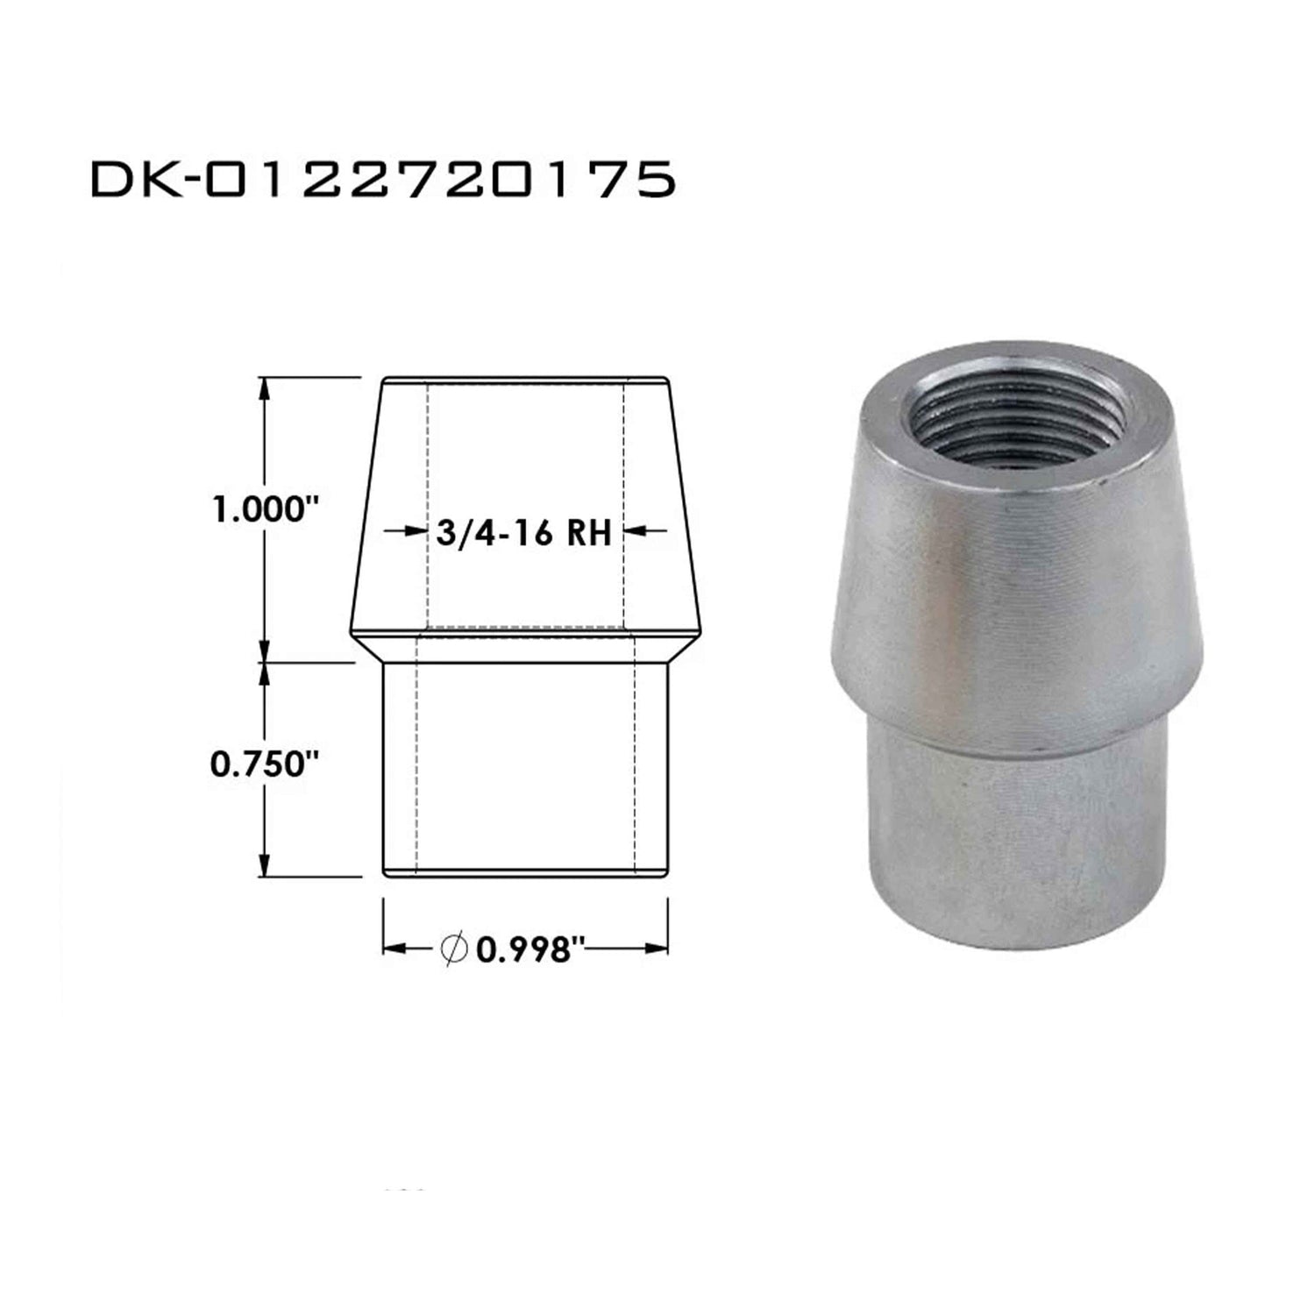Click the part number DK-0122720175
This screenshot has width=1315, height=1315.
[383, 180]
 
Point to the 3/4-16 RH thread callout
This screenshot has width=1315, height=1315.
[522, 532]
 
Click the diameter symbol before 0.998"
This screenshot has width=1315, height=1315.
[454, 949]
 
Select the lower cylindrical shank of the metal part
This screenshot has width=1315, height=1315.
[1017, 842]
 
